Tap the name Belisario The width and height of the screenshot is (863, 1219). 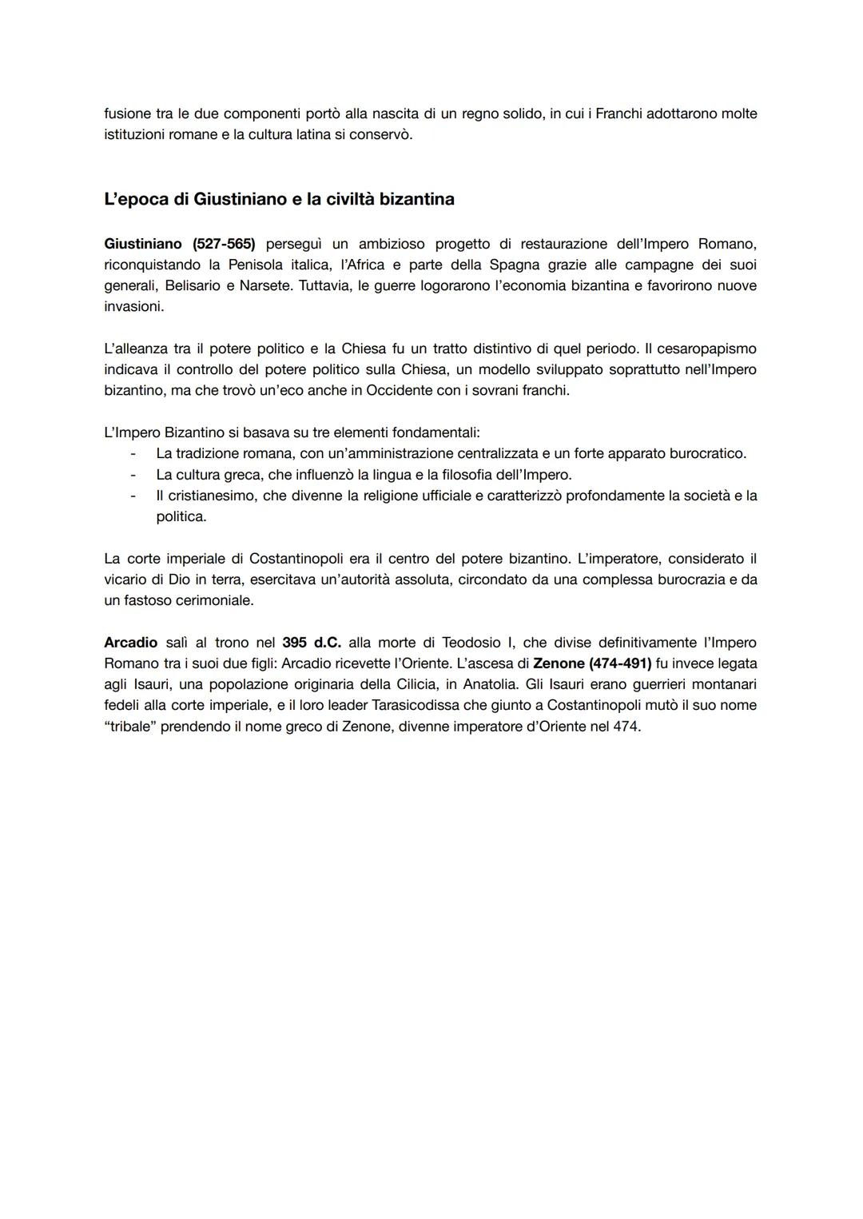(x=193, y=285)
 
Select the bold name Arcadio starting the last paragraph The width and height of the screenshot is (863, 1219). (x=131, y=643)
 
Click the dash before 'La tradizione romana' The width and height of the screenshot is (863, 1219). (x=133, y=453)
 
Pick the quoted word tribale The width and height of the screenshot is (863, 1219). (x=129, y=727)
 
